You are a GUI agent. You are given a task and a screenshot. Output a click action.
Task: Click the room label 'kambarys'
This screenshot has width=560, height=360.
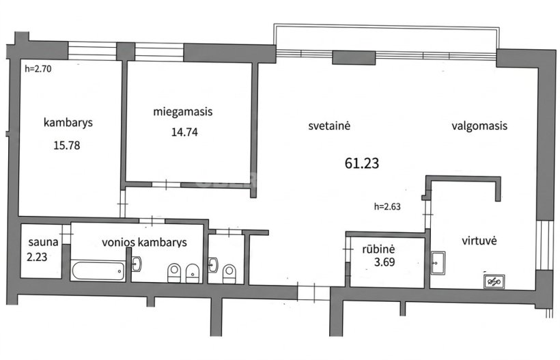[68, 122]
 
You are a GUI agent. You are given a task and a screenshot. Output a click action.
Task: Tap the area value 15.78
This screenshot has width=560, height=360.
[67, 146]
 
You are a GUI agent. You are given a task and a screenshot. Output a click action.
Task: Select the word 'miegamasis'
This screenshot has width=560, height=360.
[183, 112]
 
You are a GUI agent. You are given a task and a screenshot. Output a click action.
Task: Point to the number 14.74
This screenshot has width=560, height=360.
[184, 132]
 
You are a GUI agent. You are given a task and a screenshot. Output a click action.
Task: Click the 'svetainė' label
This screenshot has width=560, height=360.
[329, 126]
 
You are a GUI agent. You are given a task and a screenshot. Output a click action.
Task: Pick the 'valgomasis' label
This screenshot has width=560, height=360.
[479, 126]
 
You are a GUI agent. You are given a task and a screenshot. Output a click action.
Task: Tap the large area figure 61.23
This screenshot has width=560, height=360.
[362, 163]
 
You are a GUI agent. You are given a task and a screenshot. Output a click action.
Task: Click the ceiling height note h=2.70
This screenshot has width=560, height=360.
[38, 68]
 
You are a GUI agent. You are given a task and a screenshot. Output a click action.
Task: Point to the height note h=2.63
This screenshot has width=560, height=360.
[387, 206]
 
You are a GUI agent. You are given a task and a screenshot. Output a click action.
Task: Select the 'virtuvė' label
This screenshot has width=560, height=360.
[479, 240]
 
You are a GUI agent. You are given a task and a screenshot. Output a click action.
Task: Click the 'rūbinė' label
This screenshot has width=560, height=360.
[378, 249]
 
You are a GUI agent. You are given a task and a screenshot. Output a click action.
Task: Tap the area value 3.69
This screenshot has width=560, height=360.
[384, 262]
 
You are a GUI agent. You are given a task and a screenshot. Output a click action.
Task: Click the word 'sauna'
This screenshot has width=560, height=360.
[43, 242]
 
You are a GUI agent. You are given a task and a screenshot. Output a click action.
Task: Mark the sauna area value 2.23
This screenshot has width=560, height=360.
[37, 257]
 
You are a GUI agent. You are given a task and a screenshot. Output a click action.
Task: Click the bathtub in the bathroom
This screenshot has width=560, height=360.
[98, 271]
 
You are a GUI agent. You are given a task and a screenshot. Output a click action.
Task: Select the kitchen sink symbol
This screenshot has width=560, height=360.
[438, 263]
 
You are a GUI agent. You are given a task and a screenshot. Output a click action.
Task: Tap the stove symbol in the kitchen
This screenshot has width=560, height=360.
[494, 282]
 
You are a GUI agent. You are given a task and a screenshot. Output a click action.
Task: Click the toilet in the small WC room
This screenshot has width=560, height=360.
[229, 274]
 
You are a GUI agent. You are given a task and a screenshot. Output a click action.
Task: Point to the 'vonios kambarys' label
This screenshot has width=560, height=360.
[144, 243]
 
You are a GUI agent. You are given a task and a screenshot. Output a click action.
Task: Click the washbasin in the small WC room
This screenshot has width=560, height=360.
[213, 265]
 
